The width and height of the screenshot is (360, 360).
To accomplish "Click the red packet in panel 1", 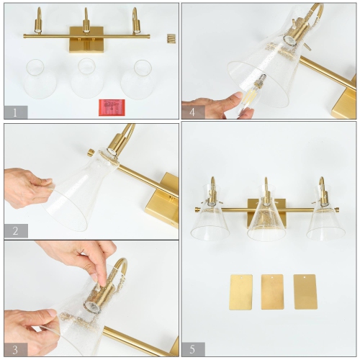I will coord(112,107).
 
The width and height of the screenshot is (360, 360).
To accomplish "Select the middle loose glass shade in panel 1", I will coord(87,78).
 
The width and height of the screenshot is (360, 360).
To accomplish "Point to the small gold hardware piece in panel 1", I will coord(171,37).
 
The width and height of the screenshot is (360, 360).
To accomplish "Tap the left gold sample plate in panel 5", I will coord(240,292).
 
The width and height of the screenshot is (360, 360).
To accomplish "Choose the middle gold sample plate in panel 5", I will coord(272,292).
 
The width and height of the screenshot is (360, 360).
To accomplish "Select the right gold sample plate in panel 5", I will coord(305,292).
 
